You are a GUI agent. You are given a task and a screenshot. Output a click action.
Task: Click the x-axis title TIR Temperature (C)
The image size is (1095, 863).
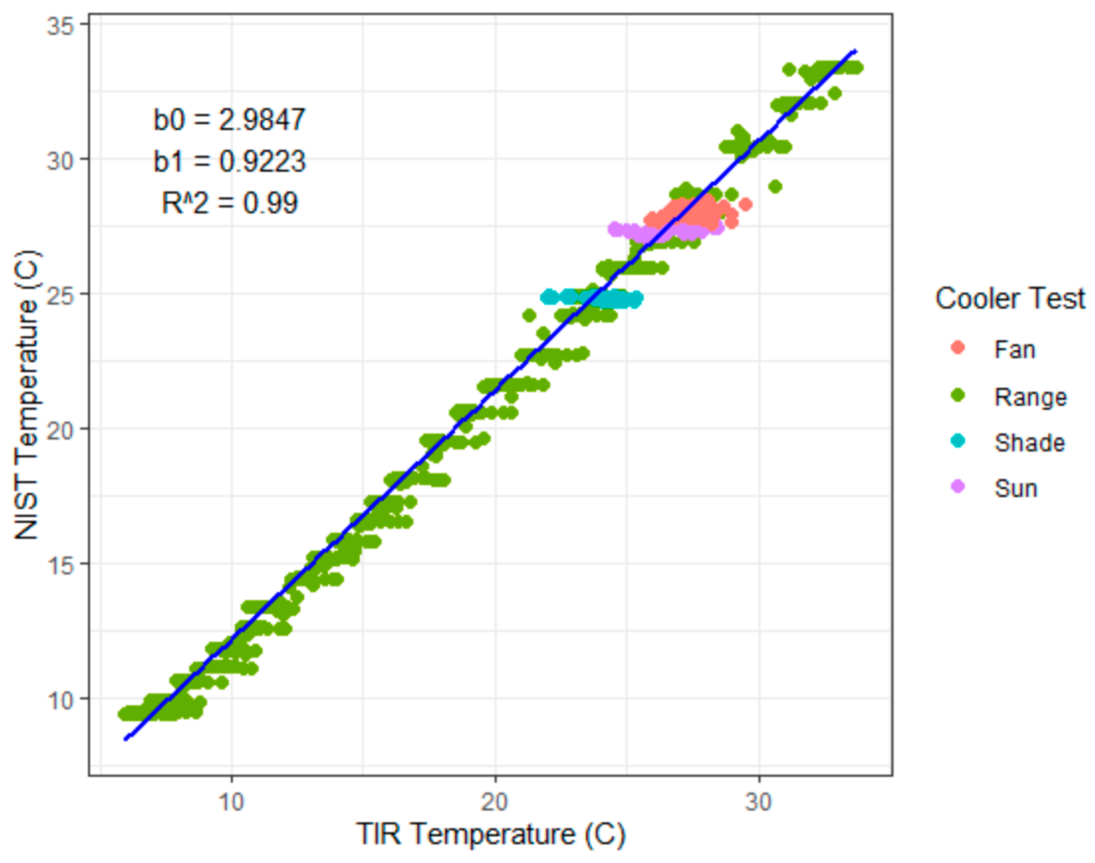click(x=491, y=834)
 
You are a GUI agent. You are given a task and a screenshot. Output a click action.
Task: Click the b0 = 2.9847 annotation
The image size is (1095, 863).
click(x=229, y=120)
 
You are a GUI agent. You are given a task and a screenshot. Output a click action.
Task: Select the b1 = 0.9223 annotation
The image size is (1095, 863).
click(x=229, y=162)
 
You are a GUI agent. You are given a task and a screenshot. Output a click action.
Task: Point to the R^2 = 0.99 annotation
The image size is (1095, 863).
click(x=229, y=203)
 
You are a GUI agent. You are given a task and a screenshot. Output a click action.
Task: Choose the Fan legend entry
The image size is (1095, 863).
click(x=1015, y=350)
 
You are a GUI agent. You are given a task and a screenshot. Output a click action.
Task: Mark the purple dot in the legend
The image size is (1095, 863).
click(x=958, y=487)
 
